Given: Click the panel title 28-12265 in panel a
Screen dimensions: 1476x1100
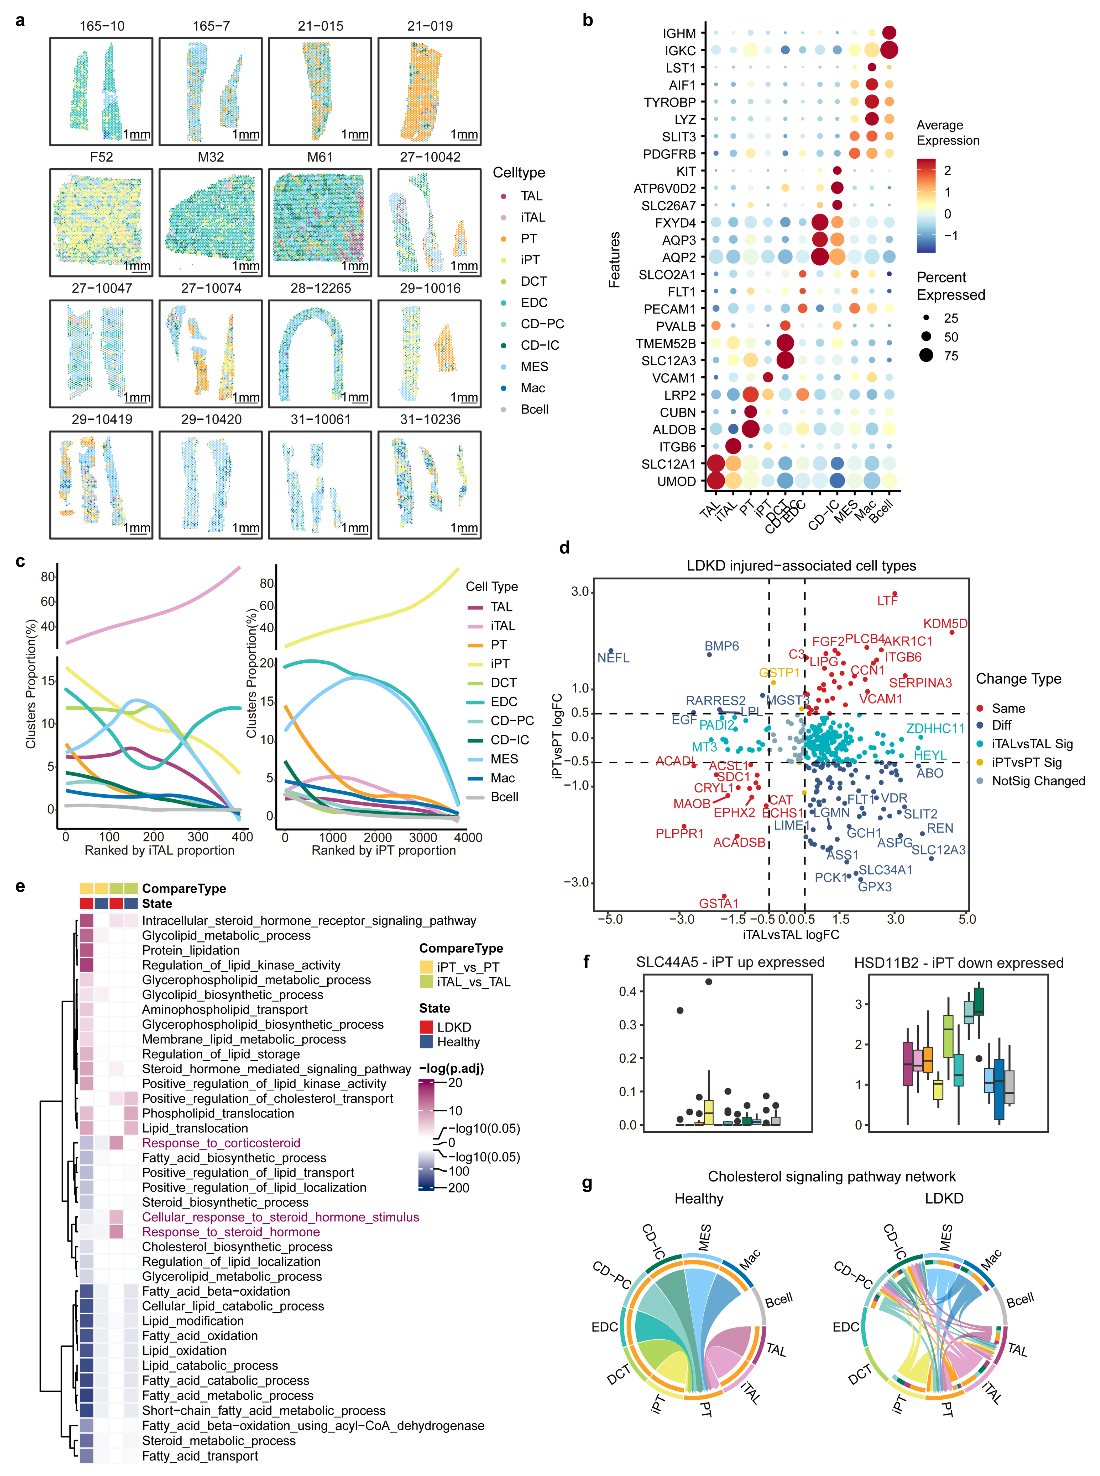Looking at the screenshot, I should [x=320, y=288].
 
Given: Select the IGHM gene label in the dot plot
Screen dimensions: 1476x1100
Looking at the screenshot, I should [x=679, y=33].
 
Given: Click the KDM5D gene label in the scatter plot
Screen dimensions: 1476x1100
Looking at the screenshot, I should [x=945, y=624].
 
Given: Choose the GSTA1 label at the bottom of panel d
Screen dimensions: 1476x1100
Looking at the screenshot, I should [x=719, y=903].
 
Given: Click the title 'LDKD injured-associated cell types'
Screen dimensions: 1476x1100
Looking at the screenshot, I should [x=801, y=566].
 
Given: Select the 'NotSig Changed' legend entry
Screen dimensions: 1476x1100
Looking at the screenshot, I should [x=1038, y=781].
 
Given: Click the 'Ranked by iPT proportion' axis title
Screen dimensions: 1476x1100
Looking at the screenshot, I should [x=384, y=850].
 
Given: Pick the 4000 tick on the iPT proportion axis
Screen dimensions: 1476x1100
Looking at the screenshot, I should [x=468, y=838].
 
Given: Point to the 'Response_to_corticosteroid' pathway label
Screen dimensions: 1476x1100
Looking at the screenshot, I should [x=221, y=1143].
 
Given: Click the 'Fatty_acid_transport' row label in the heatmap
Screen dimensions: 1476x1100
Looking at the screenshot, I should [x=200, y=1456].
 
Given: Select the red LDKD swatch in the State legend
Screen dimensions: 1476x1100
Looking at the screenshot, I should [x=426, y=1027].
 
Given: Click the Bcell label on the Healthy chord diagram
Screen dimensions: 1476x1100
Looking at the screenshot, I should [x=779, y=1300].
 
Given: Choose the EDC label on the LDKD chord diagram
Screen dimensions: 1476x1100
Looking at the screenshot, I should [x=846, y=1327].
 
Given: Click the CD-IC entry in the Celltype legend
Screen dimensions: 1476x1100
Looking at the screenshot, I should [x=540, y=346].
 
